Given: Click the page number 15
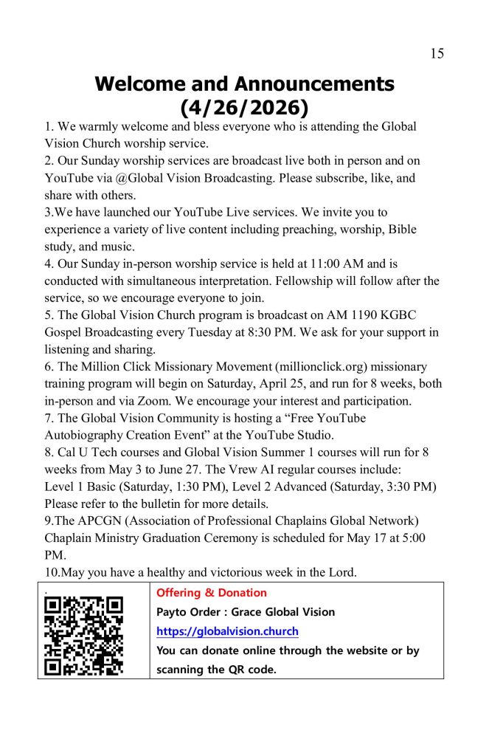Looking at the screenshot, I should (437, 53).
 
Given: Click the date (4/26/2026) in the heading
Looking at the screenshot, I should (243, 108).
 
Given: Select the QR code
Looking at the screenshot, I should (83, 636).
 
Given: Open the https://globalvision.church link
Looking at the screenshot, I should (227, 631).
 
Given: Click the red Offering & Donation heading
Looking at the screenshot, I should (212, 593).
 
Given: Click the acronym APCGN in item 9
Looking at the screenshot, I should (90, 520).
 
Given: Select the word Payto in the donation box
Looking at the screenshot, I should (172, 612).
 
